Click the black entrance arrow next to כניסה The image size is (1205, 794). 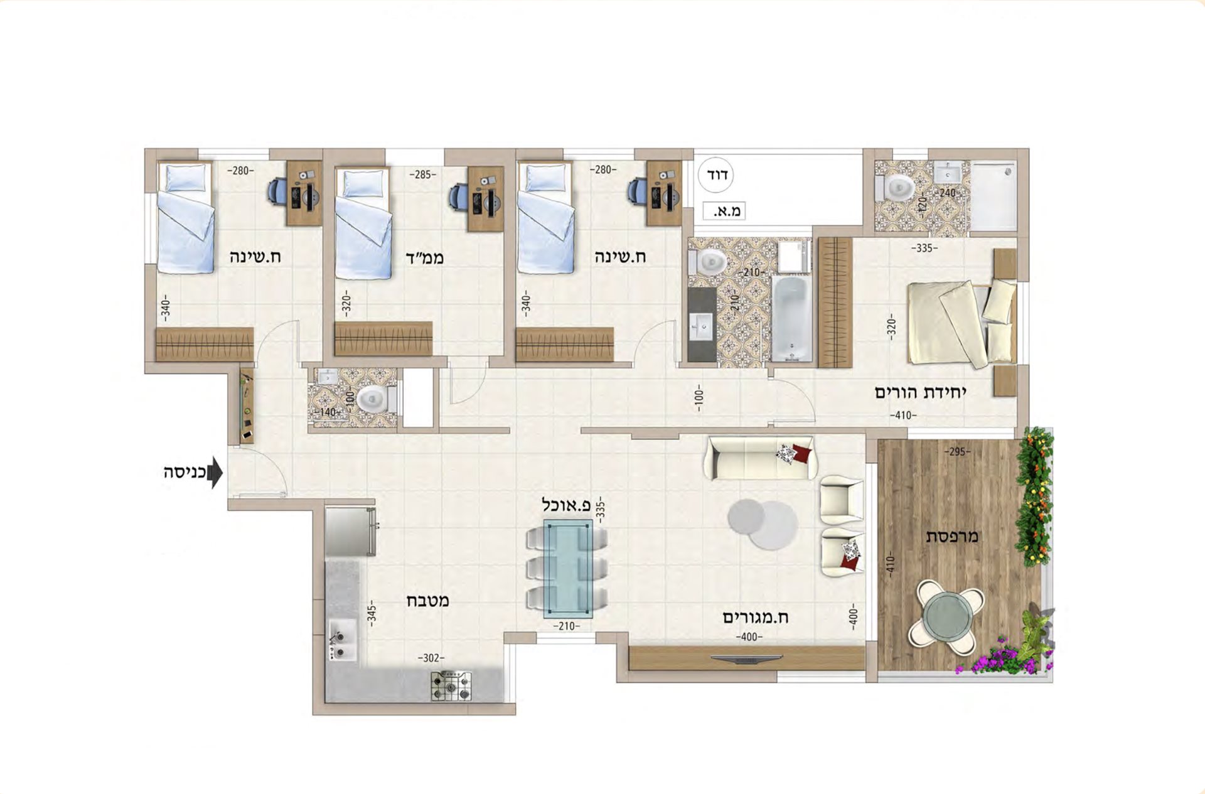[215, 473]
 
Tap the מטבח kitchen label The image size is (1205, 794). [428, 601]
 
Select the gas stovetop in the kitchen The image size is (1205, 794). [451, 686]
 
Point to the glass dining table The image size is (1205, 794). [568, 569]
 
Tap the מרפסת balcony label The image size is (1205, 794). [952, 537]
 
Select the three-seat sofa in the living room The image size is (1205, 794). [762, 458]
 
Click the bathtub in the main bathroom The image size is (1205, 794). [791, 319]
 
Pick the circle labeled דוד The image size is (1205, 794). [717, 175]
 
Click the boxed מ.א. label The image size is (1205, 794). [724, 211]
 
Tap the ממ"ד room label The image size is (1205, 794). [424, 257]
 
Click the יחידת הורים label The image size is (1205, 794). [921, 393]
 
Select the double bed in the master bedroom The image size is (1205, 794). [961, 323]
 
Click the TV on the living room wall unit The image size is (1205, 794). [747, 658]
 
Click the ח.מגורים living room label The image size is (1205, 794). [756, 617]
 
